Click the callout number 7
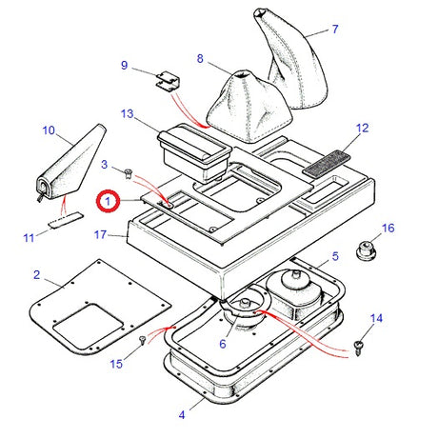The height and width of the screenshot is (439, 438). point(335,30)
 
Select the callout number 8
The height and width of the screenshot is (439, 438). point(200,59)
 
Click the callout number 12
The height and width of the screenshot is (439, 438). point(362,127)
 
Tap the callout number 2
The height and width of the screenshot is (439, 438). point(36,276)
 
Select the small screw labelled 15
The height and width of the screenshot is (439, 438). point(142,338)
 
